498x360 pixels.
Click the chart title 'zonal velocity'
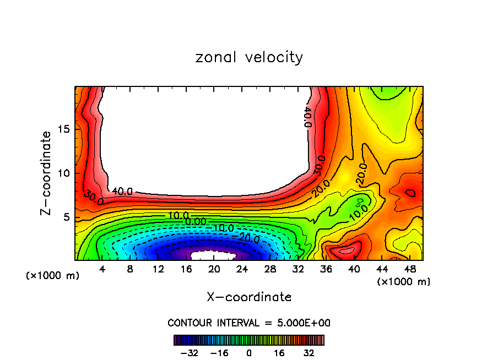coord(249,57)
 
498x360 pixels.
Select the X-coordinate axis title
coord(249,297)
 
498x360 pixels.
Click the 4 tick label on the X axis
coord(102,269)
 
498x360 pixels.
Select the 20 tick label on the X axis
coord(214,269)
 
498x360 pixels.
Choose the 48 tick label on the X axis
coord(409,269)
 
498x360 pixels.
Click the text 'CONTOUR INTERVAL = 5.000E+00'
coord(249,323)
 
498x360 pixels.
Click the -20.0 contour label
coord(249,237)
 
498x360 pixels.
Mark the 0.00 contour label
coord(196,221)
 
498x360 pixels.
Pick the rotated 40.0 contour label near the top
coord(307,117)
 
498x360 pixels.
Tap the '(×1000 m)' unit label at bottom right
coord(404,282)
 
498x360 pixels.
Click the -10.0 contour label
coord(223,228)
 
